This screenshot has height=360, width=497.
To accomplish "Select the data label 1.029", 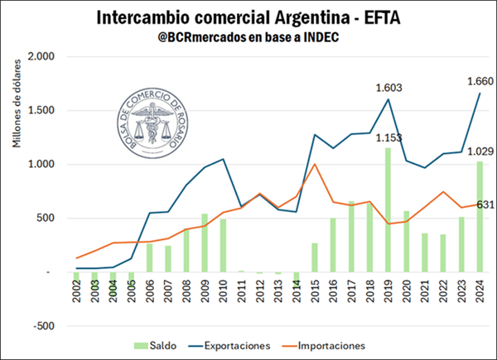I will coord(464,150).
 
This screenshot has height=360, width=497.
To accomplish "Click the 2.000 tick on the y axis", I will coord(40,56).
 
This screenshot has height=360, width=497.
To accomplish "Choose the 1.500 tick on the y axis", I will coord(40,110).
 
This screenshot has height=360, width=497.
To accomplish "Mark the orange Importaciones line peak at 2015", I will coord(315,164).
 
